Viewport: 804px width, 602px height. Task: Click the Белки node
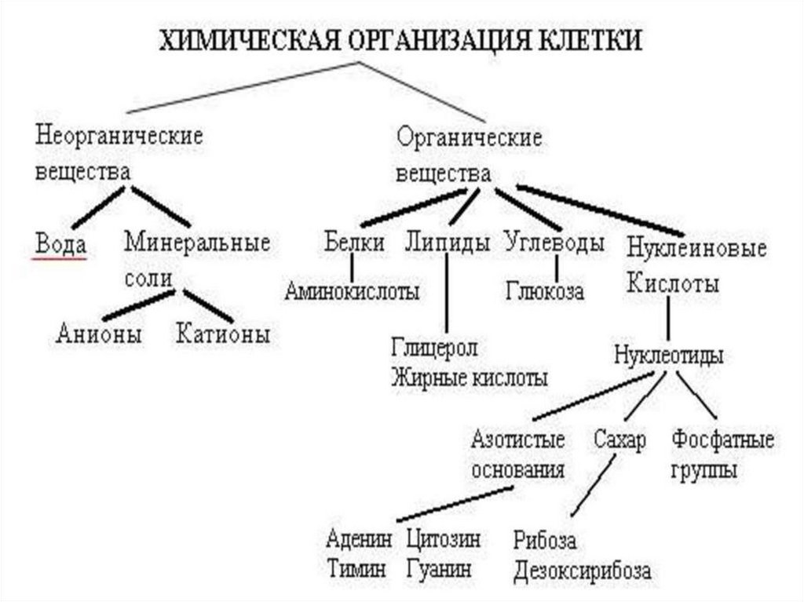(354, 243)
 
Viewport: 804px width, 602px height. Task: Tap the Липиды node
(448, 243)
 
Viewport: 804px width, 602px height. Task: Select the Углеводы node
(555, 243)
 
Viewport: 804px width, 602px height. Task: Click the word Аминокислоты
(352, 292)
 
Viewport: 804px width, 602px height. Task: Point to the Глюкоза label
(545, 292)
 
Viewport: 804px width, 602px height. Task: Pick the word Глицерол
(435, 347)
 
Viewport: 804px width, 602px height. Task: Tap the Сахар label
(619, 440)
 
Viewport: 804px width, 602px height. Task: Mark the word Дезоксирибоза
(583, 571)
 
